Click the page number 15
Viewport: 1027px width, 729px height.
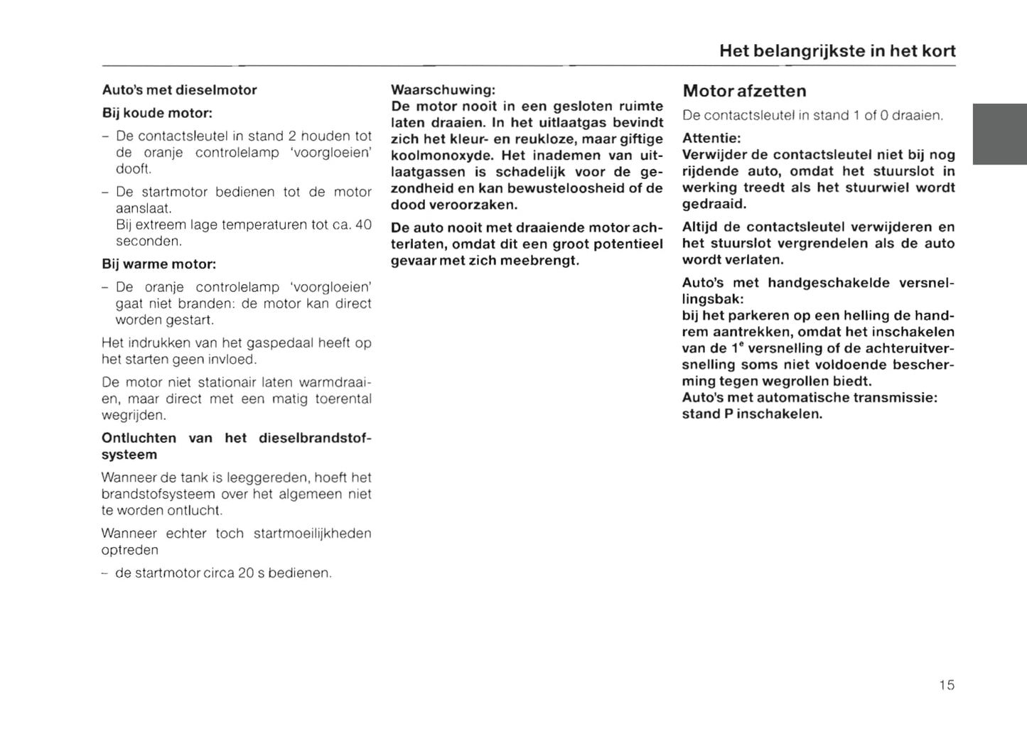(x=946, y=685)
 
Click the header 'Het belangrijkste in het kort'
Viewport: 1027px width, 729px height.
(x=837, y=51)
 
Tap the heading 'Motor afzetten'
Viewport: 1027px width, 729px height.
(x=744, y=91)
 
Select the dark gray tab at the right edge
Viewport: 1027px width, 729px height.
(x=999, y=134)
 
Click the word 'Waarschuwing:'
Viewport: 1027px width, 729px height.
(x=443, y=90)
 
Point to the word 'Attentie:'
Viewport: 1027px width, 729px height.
(x=711, y=139)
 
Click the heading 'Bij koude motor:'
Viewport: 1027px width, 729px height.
(x=157, y=113)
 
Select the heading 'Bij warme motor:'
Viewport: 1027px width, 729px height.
(x=158, y=264)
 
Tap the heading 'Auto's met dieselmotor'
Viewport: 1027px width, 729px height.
(x=179, y=90)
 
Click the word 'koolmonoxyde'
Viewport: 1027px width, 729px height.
(x=441, y=156)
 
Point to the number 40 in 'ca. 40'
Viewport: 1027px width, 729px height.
(x=363, y=225)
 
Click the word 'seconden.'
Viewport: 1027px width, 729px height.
(x=149, y=241)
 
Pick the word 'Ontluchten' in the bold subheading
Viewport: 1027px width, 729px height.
(x=139, y=438)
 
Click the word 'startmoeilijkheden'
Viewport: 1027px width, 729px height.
(x=312, y=534)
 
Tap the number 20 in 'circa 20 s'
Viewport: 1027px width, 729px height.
(x=246, y=573)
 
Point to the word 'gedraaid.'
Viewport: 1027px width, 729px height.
(x=714, y=204)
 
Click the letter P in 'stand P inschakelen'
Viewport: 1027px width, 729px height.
(x=728, y=414)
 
